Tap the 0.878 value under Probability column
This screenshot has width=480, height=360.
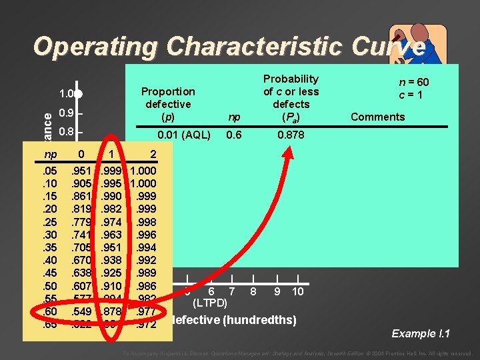pos(291,135)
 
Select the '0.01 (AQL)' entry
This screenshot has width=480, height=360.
pos(183,135)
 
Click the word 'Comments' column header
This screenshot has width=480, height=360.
pos(377,117)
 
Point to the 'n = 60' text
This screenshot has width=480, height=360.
pos(413,82)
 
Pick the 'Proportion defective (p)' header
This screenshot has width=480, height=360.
pos(167,104)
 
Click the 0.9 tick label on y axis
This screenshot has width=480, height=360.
pos(65,113)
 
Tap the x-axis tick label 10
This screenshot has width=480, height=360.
pos(297,291)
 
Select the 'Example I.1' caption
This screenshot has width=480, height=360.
pos(422,333)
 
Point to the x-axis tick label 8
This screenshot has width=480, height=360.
pos(253,291)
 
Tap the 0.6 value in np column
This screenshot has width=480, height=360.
pos(233,135)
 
